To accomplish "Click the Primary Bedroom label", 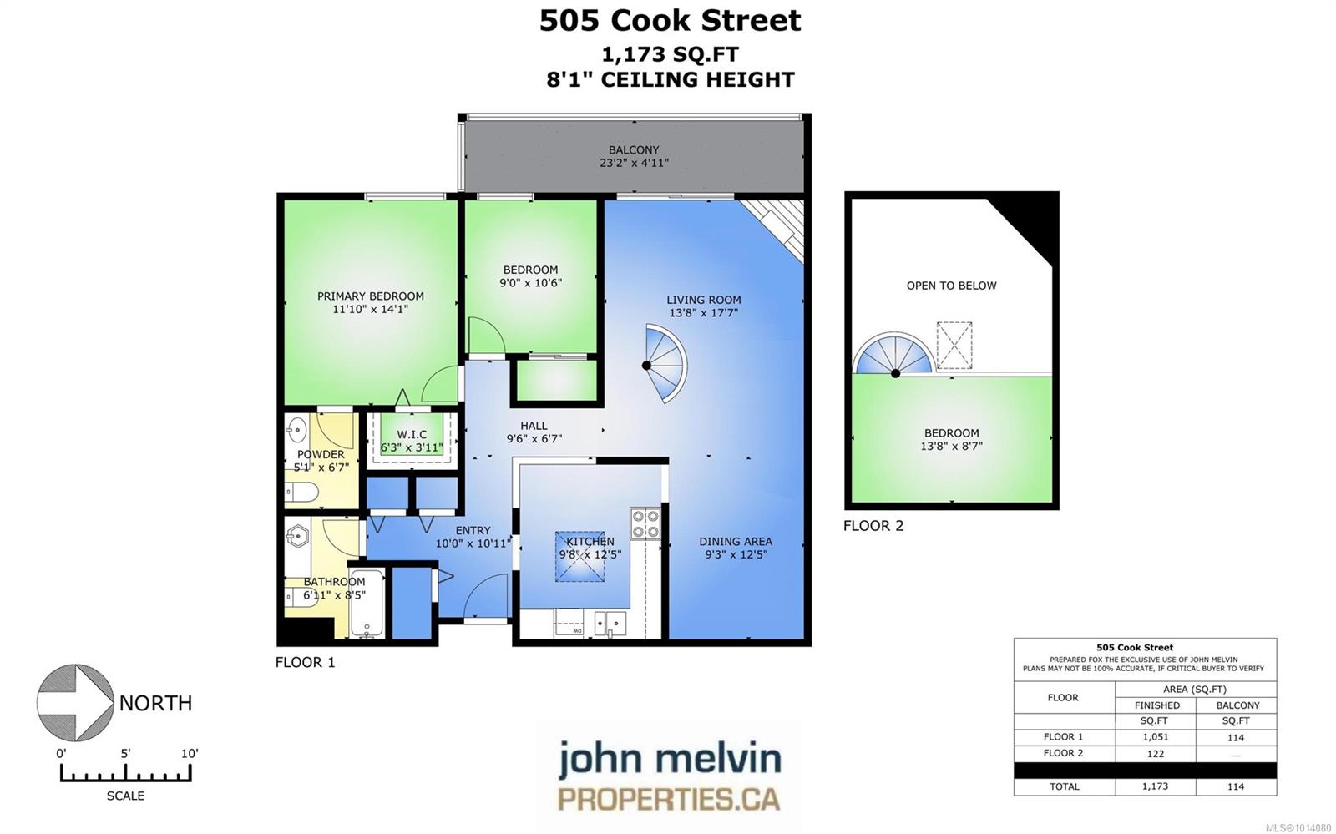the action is [x=371, y=296].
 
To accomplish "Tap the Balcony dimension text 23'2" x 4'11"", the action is [x=634, y=163].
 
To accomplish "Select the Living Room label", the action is [x=704, y=300].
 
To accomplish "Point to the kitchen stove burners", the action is [x=645, y=523].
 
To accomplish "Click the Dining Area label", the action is [x=736, y=541].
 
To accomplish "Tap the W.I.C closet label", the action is [x=412, y=435].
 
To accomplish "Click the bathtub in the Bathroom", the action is [x=367, y=603].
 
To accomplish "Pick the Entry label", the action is [x=473, y=530].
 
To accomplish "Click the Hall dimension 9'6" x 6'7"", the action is [x=534, y=439].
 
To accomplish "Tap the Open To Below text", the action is [x=951, y=286].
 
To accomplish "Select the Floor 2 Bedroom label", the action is [x=951, y=432].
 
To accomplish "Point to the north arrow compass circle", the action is [x=75, y=702].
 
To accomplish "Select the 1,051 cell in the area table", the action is [x=1156, y=737].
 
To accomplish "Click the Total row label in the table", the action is [x=1064, y=786].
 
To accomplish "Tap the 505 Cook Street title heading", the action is [x=670, y=20].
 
